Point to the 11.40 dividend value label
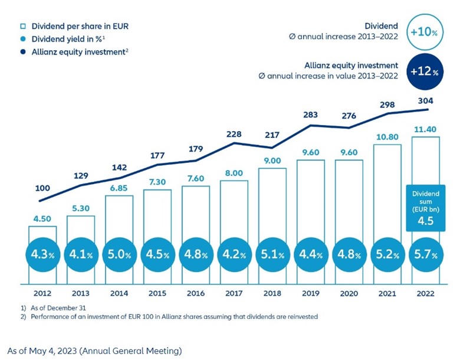(425, 129)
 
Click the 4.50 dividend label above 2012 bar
(42, 218)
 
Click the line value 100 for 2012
(42, 188)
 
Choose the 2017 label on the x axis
(234, 294)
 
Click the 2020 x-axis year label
(349, 294)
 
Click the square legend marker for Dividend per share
(21, 25)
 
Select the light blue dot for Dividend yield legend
(21, 38)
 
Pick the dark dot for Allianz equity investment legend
(21, 51)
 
